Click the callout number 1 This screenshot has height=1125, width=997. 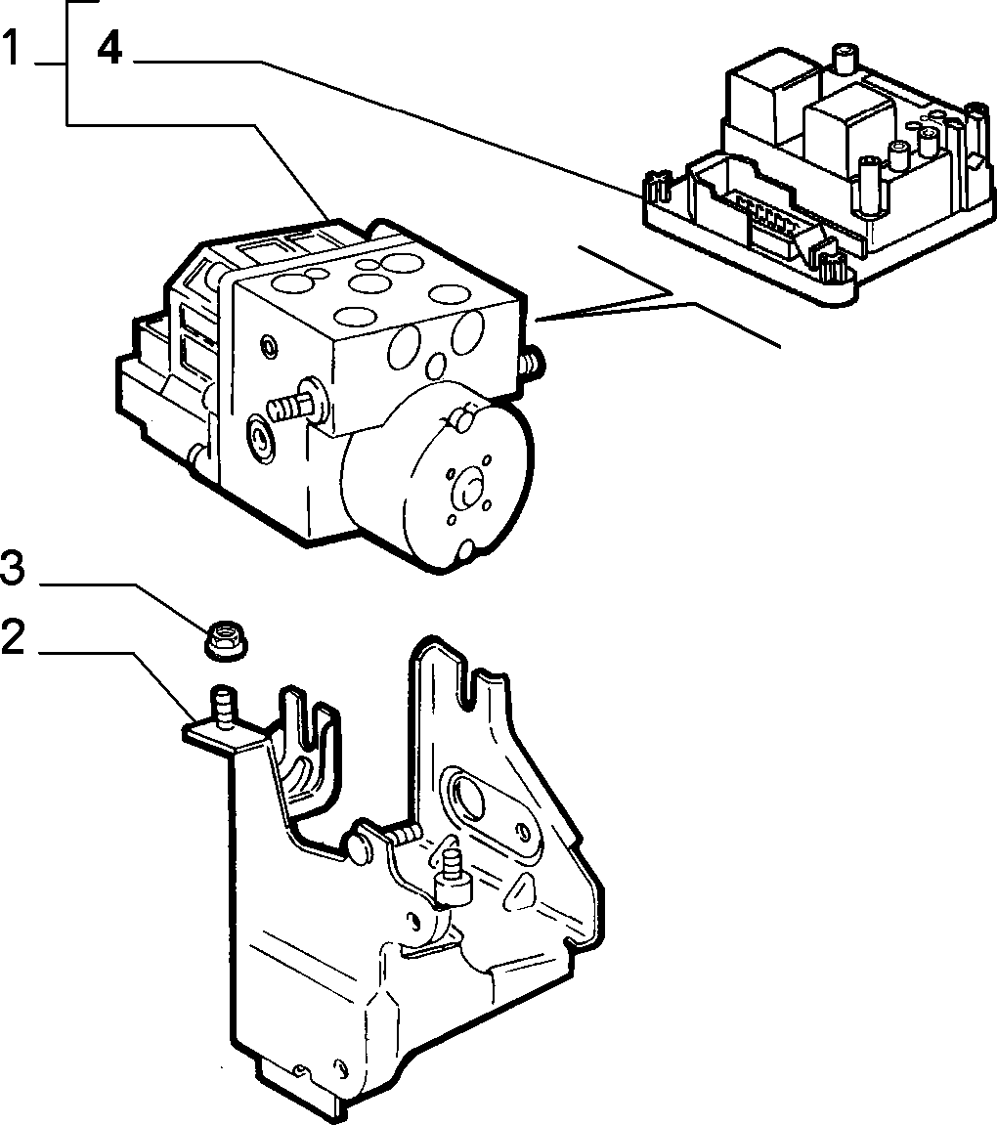pos(12,48)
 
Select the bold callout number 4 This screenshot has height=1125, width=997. pos(109,49)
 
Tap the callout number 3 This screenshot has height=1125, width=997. pos(13,568)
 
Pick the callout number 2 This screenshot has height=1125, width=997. pos(13,636)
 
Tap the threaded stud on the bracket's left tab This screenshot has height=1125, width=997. pos(223,708)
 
